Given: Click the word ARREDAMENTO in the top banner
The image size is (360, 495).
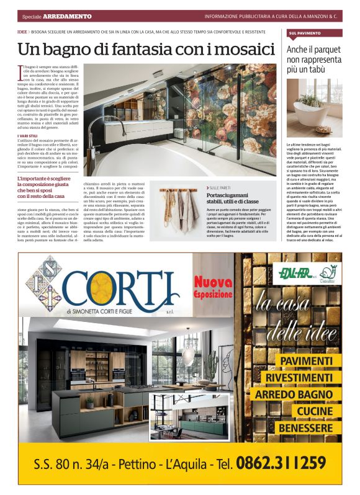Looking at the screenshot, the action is tap(68, 16).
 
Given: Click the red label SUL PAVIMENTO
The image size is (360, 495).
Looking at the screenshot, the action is tap(305, 33).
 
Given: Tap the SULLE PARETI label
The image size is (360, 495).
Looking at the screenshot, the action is tap(220, 187).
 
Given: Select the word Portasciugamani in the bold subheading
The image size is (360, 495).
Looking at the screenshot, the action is tap(228, 195).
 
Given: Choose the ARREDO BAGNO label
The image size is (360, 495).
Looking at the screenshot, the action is tap(294, 395).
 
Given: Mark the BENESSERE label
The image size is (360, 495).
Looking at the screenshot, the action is tap(305, 428).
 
